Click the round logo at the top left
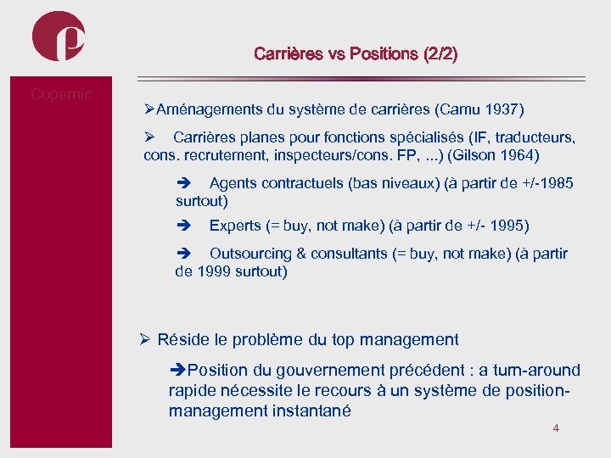tap(59, 36)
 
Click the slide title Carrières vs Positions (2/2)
tap(356, 54)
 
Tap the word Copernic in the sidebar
tap(61, 94)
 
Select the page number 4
tap(556, 428)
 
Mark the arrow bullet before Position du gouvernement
tap(177, 371)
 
